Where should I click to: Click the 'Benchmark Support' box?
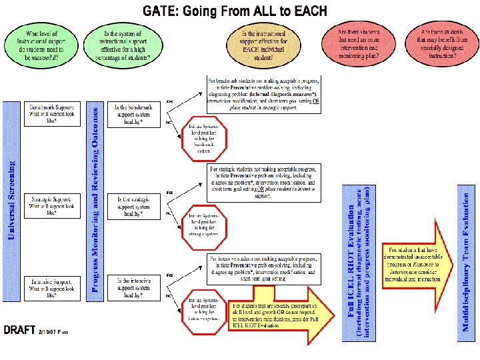coord(52,115)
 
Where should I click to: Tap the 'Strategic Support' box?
coord(52,206)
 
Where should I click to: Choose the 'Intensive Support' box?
coord(52,288)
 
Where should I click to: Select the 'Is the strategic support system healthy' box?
coord(139,206)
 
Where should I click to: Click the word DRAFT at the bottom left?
coord(20,331)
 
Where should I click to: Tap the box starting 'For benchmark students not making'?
coord(263,94)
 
